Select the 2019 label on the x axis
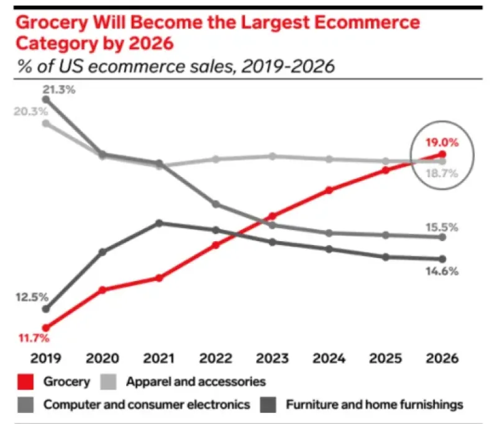tap(45, 358)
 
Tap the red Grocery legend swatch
tap(25, 381)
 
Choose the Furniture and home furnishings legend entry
tap(375, 405)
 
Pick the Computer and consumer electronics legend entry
tap(147, 405)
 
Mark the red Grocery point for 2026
tap(442, 154)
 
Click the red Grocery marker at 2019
tap(45, 328)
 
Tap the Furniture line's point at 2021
tap(159, 223)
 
